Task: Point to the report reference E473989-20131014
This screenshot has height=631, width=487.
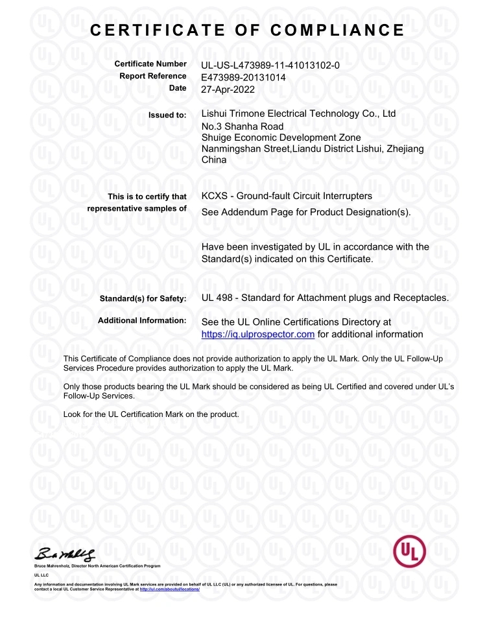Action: tap(244, 77)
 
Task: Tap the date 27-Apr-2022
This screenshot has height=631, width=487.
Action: tap(228, 89)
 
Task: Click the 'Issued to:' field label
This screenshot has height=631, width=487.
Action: tap(167, 115)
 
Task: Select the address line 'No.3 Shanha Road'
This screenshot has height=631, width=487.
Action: tap(243, 126)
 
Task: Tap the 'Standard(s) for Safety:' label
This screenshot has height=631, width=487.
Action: tap(143, 298)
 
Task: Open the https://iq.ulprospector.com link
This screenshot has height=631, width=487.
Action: tap(258, 334)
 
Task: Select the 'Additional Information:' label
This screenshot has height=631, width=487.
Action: tap(142, 321)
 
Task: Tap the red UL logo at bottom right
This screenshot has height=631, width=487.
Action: tap(410, 552)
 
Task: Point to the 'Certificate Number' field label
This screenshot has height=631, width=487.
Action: tap(150, 64)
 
